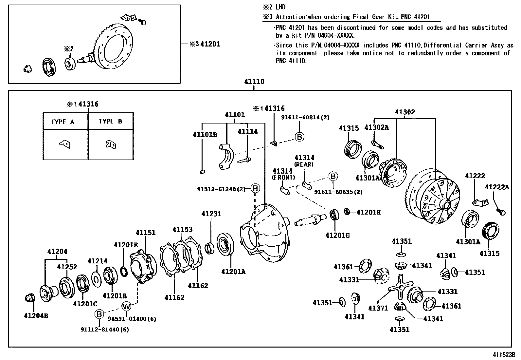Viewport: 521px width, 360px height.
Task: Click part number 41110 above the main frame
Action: pyautogui.click(x=254, y=82)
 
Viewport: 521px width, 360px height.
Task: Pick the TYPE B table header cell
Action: pyautogui.click(x=111, y=121)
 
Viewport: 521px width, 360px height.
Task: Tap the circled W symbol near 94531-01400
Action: pyautogui.click(x=126, y=306)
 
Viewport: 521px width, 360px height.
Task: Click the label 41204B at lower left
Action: pyautogui.click(x=36, y=316)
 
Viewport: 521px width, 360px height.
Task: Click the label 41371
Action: pyautogui.click(x=378, y=308)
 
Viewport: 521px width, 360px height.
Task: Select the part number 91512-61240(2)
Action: pyautogui.click(x=221, y=189)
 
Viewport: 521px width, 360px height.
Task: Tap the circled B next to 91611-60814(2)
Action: pyautogui.click(x=299, y=137)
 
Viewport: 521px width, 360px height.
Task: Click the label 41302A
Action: pyautogui.click(x=377, y=128)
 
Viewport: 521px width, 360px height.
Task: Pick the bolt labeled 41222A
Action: pyautogui.click(x=501, y=211)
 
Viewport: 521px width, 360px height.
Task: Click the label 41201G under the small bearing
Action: pyautogui.click(x=338, y=235)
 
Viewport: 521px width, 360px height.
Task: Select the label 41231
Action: pyautogui.click(x=211, y=214)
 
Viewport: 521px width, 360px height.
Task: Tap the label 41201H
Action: pyautogui.click(x=368, y=212)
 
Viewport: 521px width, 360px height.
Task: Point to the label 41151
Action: pyautogui.click(x=146, y=233)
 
